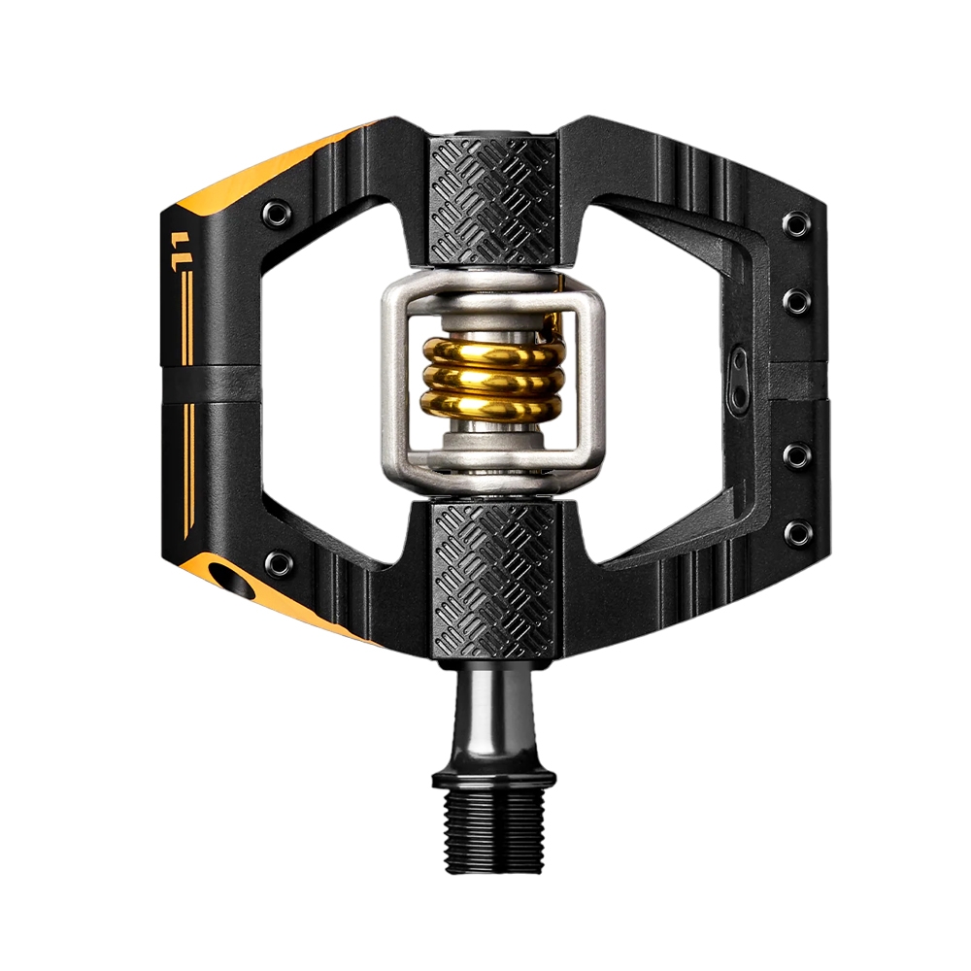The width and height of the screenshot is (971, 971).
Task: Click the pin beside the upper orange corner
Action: [277, 212]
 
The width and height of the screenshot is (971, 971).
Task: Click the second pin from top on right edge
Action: [797, 299]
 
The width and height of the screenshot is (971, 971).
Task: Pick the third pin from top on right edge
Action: [797, 454]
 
